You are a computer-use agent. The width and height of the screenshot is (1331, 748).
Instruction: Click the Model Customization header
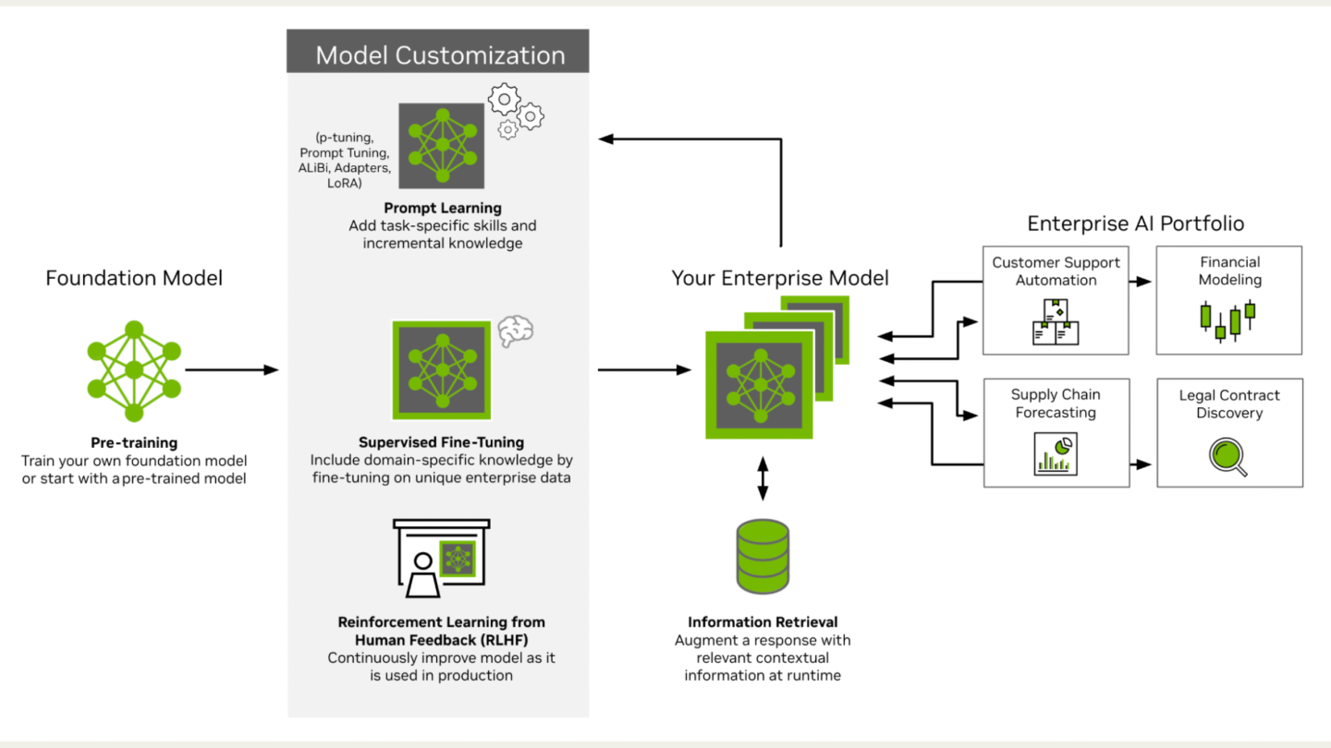pyautogui.click(x=440, y=55)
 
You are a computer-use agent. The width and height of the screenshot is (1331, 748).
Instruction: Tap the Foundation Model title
pyautogui.click(x=134, y=278)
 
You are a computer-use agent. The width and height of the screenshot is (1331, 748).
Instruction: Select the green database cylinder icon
pyautogui.click(x=763, y=556)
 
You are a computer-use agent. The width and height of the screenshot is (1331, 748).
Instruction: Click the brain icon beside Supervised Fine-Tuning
pyautogui.click(x=515, y=331)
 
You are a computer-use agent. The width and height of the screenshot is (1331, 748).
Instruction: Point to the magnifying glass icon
pyautogui.click(x=1227, y=456)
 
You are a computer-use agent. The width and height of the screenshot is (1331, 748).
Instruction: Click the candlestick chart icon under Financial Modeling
pyautogui.click(x=1227, y=320)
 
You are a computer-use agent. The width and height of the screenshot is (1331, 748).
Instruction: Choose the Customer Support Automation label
pyautogui.click(x=1056, y=271)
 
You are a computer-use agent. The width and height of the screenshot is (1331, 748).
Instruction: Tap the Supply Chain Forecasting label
pyautogui.click(x=1056, y=403)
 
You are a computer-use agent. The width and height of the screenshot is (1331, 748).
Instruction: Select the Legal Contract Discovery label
pyautogui.click(x=1229, y=404)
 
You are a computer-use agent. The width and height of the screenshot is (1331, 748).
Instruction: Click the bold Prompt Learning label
pyautogui.click(x=443, y=208)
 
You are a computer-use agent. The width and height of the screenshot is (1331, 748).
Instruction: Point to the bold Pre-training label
pyautogui.click(x=134, y=442)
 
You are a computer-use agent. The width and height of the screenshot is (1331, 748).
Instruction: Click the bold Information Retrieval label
pyautogui.click(x=763, y=621)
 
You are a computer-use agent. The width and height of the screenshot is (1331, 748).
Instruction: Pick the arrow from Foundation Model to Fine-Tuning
pyautogui.click(x=232, y=369)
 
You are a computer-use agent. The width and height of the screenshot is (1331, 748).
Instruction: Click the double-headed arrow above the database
pyautogui.click(x=763, y=478)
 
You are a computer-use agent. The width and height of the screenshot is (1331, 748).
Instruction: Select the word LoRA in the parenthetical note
pyautogui.click(x=345, y=183)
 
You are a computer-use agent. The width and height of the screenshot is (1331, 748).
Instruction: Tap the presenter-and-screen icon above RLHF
pyautogui.click(x=442, y=558)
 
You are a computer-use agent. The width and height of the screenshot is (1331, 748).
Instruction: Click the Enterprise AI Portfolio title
pyautogui.click(x=1135, y=223)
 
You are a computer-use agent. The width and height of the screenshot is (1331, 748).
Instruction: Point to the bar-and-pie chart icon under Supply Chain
pyautogui.click(x=1056, y=454)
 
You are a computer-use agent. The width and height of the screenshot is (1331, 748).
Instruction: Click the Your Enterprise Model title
pyautogui.click(x=780, y=278)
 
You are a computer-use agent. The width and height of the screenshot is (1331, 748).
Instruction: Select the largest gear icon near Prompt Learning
pyautogui.click(x=504, y=99)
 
